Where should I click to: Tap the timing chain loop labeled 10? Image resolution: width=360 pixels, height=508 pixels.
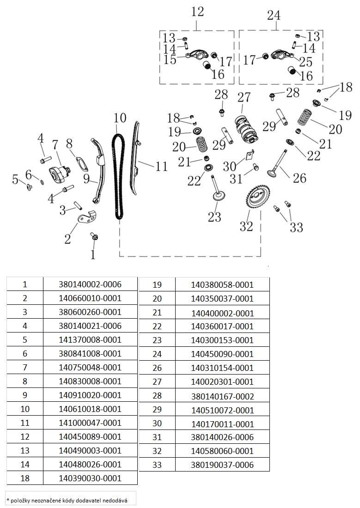pos(119,175)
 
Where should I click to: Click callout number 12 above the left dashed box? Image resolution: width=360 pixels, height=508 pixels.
pos(197,12)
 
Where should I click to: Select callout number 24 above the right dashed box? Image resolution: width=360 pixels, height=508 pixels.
pos(274,15)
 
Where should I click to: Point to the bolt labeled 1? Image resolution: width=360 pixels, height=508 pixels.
pos(94,237)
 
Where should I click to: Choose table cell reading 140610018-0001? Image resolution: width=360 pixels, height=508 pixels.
pos(90,409)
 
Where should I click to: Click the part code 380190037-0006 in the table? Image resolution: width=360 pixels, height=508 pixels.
pos(222,465)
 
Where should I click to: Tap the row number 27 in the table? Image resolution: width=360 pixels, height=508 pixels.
pos(157,381)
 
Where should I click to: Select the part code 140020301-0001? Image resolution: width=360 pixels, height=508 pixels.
pos(222,381)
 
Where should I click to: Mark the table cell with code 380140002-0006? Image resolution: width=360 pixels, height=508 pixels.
pos(90,284)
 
